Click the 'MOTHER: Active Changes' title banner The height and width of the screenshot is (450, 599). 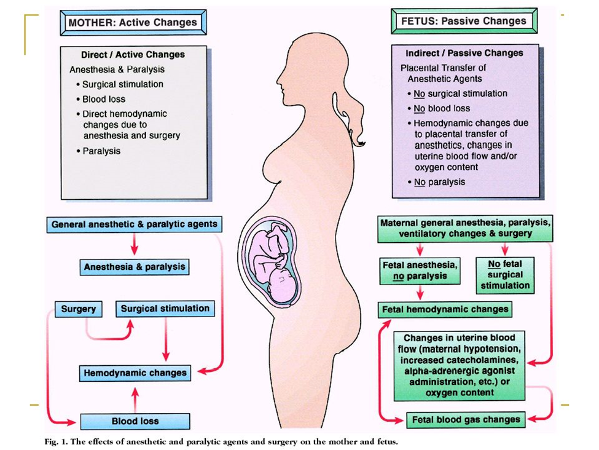[133, 23]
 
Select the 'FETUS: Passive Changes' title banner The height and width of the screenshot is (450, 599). [463, 22]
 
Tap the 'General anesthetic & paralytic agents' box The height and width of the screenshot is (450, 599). [134, 224]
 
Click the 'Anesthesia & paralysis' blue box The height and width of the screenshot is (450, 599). [135, 267]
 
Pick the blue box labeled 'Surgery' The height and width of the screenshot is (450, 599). [79, 309]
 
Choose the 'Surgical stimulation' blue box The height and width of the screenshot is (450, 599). [165, 309]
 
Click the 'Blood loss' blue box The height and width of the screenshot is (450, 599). [135, 421]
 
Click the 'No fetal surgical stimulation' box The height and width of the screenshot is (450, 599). [505, 275]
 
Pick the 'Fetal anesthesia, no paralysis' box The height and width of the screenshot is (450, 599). [420, 270]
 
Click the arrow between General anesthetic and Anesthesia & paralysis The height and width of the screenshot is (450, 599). [135, 245]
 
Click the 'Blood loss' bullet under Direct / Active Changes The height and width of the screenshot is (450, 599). [104, 99]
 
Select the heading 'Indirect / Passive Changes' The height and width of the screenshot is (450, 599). [464, 53]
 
